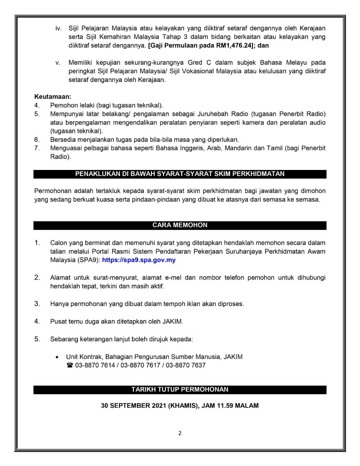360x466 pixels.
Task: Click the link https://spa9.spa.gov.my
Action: [139, 260]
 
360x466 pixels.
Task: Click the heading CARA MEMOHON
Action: [180, 225]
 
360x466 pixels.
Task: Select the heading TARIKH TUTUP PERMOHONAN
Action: [180, 390]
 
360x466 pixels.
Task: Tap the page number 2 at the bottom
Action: [180, 433]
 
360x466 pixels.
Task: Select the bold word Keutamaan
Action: [53, 97]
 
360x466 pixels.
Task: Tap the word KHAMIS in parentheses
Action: [183, 406]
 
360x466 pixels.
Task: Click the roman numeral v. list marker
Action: [58, 63]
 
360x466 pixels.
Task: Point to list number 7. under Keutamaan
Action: [37, 148]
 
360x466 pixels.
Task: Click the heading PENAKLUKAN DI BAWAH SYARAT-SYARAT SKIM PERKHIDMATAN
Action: [180, 174]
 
